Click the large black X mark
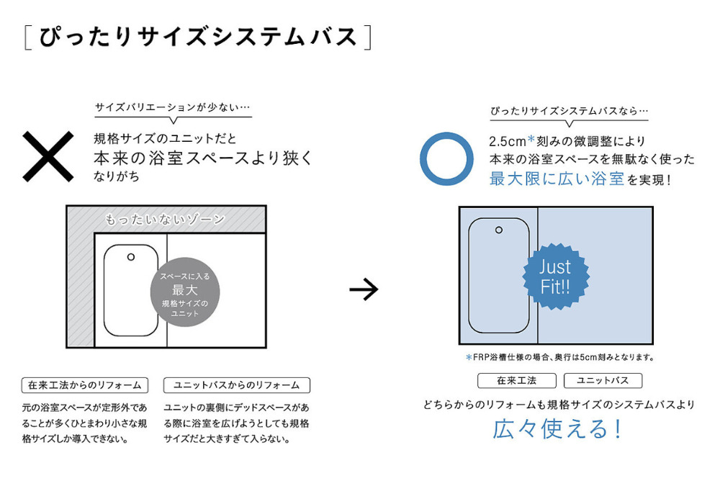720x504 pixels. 48,156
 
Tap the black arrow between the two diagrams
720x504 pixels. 364,289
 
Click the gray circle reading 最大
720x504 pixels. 185,292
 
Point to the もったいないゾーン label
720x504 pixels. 165,220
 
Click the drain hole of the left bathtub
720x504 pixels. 131,257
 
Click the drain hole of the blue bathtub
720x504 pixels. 499,230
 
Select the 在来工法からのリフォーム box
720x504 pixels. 85,385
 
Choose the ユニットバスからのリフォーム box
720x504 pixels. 236,385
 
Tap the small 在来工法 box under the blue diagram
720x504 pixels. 516,381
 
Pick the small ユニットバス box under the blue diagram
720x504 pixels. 603,381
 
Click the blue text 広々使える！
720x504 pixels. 557,429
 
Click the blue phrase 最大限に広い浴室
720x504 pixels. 557,179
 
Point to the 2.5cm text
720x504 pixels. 508,141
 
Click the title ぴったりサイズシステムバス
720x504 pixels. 198,37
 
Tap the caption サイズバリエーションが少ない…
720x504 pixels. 173,107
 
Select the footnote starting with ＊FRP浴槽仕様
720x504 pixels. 559,357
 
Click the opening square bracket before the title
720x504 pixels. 27,37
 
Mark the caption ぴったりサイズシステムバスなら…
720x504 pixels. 570,111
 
